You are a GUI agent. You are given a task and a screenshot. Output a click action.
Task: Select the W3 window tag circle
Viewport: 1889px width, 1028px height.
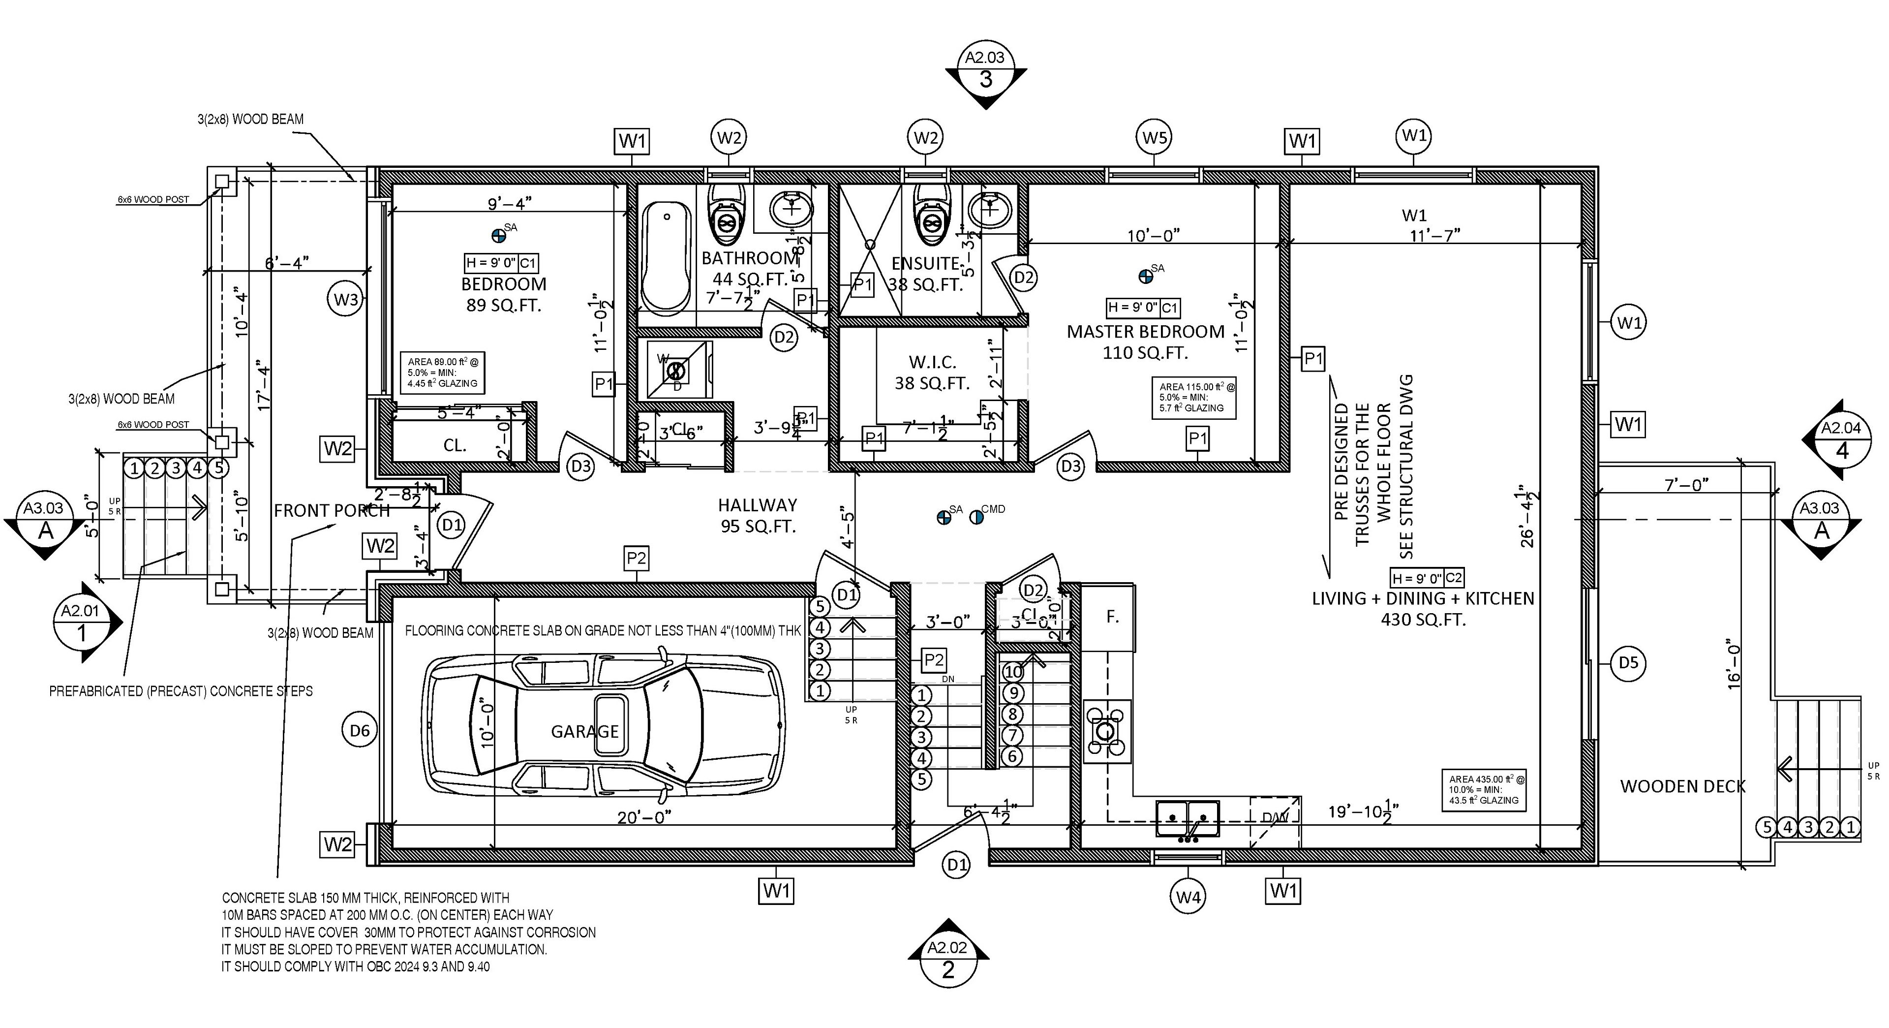pyautogui.click(x=346, y=299)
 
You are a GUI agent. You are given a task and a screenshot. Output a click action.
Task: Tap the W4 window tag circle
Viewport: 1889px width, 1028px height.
pyautogui.click(x=1188, y=896)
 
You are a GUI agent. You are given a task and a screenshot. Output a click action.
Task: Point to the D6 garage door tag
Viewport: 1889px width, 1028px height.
pyautogui.click(x=359, y=730)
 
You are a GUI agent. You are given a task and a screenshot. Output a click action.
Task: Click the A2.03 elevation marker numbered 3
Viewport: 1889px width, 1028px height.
pyautogui.click(x=985, y=79)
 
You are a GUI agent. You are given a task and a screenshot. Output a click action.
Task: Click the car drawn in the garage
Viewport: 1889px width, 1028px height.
pyautogui.click(x=605, y=725)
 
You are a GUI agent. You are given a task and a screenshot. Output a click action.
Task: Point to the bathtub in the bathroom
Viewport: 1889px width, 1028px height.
pyautogui.click(x=666, y=258)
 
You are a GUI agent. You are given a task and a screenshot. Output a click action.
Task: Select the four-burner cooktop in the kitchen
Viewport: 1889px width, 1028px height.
pyautogui.click(x=1106, y=731)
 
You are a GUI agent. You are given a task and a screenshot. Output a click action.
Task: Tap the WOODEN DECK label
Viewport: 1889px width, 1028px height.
pyautogui.click(x=1682, y=786)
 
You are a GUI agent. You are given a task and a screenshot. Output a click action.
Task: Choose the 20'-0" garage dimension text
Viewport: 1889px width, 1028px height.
pyautogui.click(x=644, y=817)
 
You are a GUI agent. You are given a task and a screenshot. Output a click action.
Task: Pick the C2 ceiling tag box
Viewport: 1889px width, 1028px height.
pyautogui.click(x=1453, y=577)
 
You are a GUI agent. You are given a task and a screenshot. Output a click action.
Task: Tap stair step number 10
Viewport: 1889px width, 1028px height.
pyautogui.click(x=1013, y=671)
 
